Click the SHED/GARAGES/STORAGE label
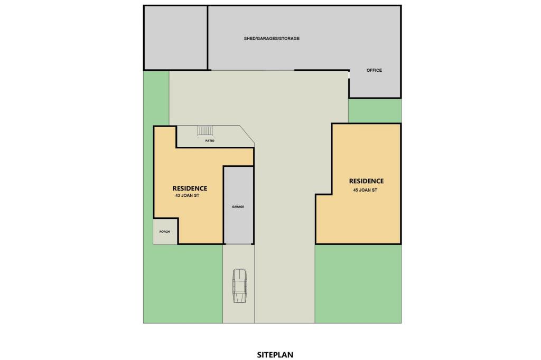272,39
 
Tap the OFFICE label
374,70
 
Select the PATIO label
210,141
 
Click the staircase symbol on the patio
204,130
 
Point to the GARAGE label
238,207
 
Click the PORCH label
165,231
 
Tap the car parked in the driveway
239,286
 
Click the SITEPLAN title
275,355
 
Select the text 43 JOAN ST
187,195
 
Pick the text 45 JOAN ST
365,190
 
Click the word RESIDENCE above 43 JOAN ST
190,188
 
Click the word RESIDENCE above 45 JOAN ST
366,181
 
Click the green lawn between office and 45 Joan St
374,110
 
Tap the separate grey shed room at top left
175,37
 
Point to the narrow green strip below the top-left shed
156,98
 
